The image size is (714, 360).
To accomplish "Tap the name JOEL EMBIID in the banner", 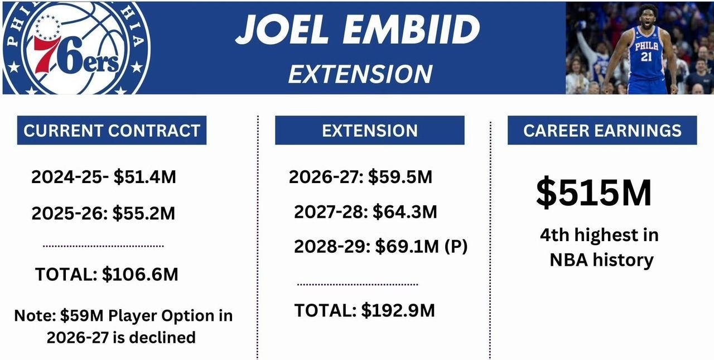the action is point(358,30).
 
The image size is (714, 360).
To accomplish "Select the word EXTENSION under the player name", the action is point(360,74).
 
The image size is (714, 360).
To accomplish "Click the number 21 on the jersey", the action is point(646,57).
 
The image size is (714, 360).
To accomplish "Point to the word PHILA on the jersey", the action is point(647,46).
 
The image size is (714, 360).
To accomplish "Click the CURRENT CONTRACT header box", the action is point(112,130).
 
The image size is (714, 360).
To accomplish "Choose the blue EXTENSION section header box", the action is point(370,130).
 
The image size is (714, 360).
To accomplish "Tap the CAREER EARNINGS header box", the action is point(602,130).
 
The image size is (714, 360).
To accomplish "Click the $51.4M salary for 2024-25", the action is point(144,177).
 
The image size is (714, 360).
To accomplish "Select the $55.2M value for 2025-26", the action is point(144,213).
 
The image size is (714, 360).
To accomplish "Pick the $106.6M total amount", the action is point(140,274).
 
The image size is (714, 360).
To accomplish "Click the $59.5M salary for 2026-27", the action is point(400,177).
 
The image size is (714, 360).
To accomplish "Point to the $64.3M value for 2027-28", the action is point(405,212).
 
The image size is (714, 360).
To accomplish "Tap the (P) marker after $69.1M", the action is point(456,247).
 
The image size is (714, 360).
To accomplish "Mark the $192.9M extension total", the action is point(398,310).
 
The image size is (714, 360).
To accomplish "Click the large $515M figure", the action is point(594,193).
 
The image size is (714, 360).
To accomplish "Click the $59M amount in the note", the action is point(82,316).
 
